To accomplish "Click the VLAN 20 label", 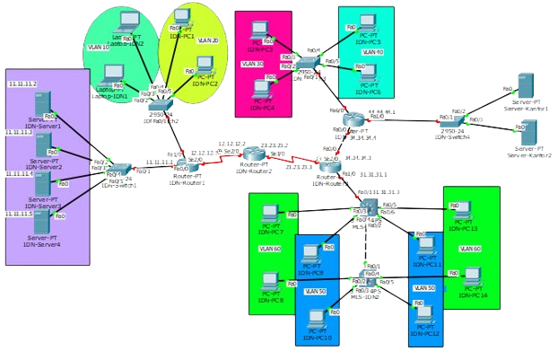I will (x=207, y=41).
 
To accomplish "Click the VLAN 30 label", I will (x=253, y=65).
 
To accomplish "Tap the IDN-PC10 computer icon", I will (x=318, y=320).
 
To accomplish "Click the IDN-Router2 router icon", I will (x=256, y=153).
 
